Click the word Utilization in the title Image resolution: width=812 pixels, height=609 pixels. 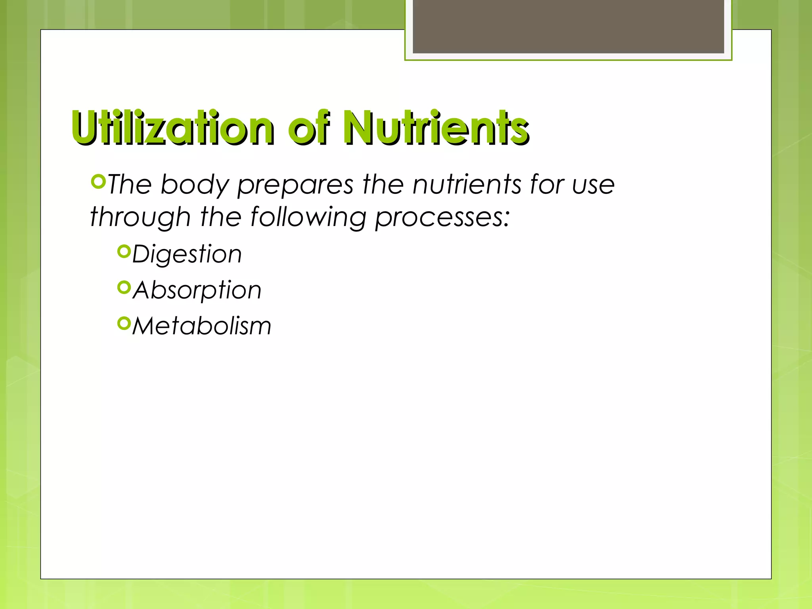(x=173, y=128)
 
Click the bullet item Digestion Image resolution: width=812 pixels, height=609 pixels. (x=187, y=254)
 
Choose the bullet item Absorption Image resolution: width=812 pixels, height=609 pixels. (x=197, y=290)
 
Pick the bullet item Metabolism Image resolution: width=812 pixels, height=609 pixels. (x=201, y=326)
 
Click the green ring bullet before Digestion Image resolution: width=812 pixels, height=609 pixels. (x=124, y=251)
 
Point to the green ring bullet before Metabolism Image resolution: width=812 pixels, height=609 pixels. (x=124, y=324)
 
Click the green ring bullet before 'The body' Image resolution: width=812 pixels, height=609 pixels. (x=98, y=182)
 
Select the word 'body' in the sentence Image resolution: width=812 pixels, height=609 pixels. (x=195, y=185)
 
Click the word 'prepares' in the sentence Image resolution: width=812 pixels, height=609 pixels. (x=295, y=185)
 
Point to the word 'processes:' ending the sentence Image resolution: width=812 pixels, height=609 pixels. (x=442, y=218)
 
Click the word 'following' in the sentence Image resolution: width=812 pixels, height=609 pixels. (x=308, y=218)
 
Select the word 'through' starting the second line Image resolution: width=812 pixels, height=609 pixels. (x=140, y=218)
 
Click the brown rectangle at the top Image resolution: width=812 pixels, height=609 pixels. (x=568, y=26)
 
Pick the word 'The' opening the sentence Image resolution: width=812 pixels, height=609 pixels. (x=130, y=185)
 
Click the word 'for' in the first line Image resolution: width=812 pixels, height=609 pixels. (x=547, y=185)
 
